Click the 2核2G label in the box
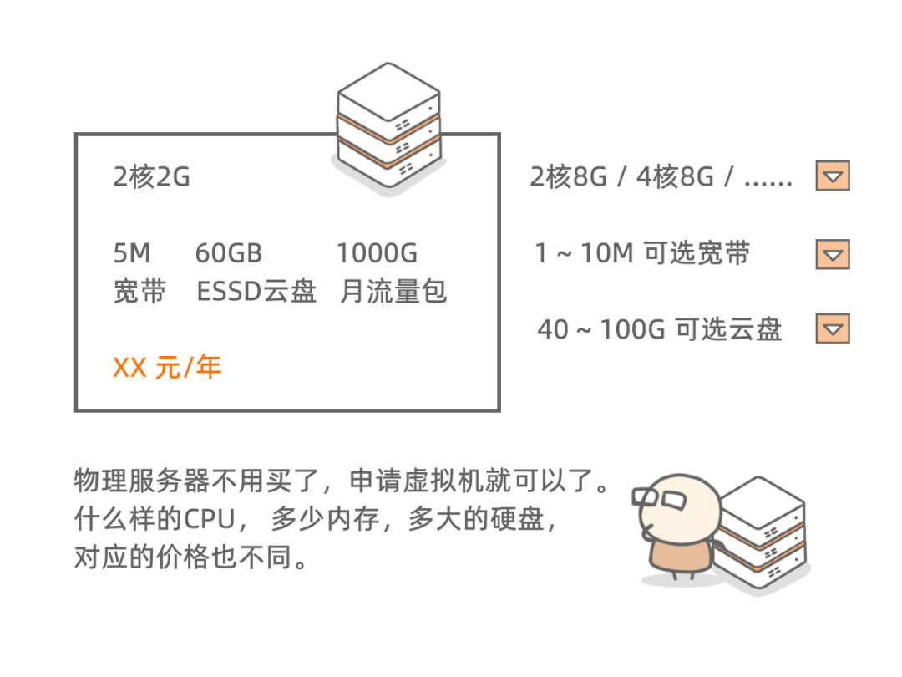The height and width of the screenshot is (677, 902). click(x=151, y=176)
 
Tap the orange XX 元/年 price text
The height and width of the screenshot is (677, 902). click(x=167, y=367)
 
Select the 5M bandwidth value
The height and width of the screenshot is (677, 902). click(x=132, y=253)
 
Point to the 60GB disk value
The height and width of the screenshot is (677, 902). click(x=228, y=253)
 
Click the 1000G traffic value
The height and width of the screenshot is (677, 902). click(x=377, y=253)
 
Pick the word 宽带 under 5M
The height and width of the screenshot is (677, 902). click(x=139, y=292)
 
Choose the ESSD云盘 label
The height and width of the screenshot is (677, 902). click(x=256, y=292)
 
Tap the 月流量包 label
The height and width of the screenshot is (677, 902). click(x=393, y=292)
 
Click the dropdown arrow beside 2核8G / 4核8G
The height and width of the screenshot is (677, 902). click(x=833, y=176)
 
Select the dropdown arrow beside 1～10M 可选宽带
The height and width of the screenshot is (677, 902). click(x=833, y=254)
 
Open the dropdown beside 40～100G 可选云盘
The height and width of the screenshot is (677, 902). click(x=833, y=328)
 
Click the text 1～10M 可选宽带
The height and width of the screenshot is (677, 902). click(x=642, y=253)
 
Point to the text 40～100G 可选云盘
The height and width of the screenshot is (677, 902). click(x=659, y=329)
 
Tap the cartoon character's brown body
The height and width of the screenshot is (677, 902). click(x=681, y=556)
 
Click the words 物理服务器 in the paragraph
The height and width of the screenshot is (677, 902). click(x=142, y=481)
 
